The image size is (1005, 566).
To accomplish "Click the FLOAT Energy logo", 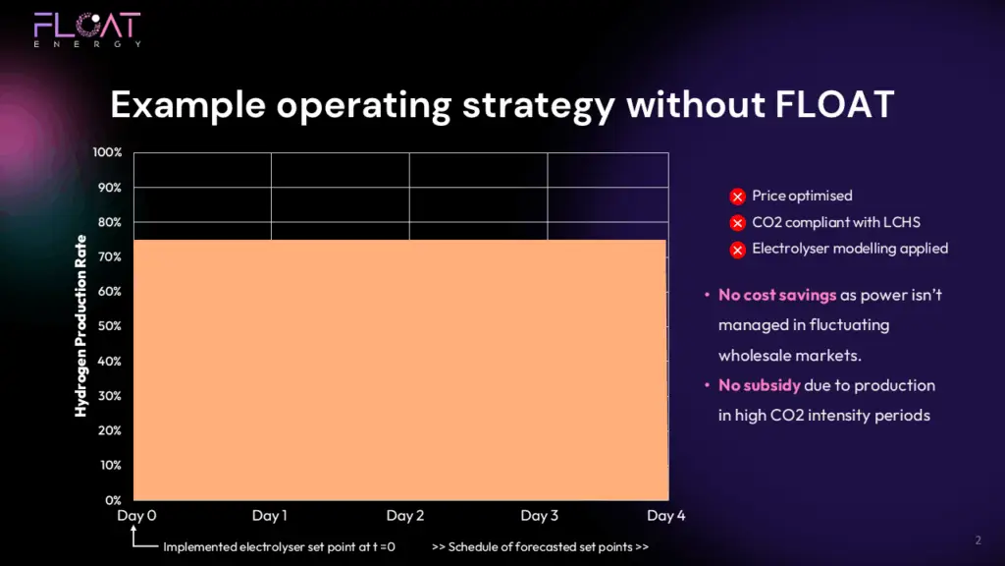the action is click(87, 29).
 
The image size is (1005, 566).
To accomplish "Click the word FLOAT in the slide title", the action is click(834, 104).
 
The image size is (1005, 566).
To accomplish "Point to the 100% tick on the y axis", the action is click(107, 152).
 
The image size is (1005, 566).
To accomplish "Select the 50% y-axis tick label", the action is click(109, 326).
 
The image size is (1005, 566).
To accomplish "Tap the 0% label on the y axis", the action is click(113, 500).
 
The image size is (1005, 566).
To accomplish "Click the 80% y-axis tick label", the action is click(109, 222).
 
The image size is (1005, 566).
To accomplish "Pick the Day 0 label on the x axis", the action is click(136, 515).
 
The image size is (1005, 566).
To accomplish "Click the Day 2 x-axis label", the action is click(405, 515).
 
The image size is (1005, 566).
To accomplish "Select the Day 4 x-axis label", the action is click(666, 515).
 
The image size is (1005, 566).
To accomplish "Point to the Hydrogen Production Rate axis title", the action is click(80, 326).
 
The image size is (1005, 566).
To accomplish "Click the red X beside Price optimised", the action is click(738, 197).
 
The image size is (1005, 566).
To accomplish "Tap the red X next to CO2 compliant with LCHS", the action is click(738, 223).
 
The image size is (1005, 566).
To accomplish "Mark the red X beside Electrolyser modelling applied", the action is click(738, 250).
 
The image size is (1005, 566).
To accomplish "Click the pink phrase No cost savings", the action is click(777, 295).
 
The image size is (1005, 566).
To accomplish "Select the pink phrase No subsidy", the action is click(760, 385).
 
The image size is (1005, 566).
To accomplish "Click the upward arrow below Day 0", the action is click(133, 536).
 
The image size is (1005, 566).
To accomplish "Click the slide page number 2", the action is click(979, 540).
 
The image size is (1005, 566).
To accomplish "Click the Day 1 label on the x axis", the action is click(270, 515).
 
